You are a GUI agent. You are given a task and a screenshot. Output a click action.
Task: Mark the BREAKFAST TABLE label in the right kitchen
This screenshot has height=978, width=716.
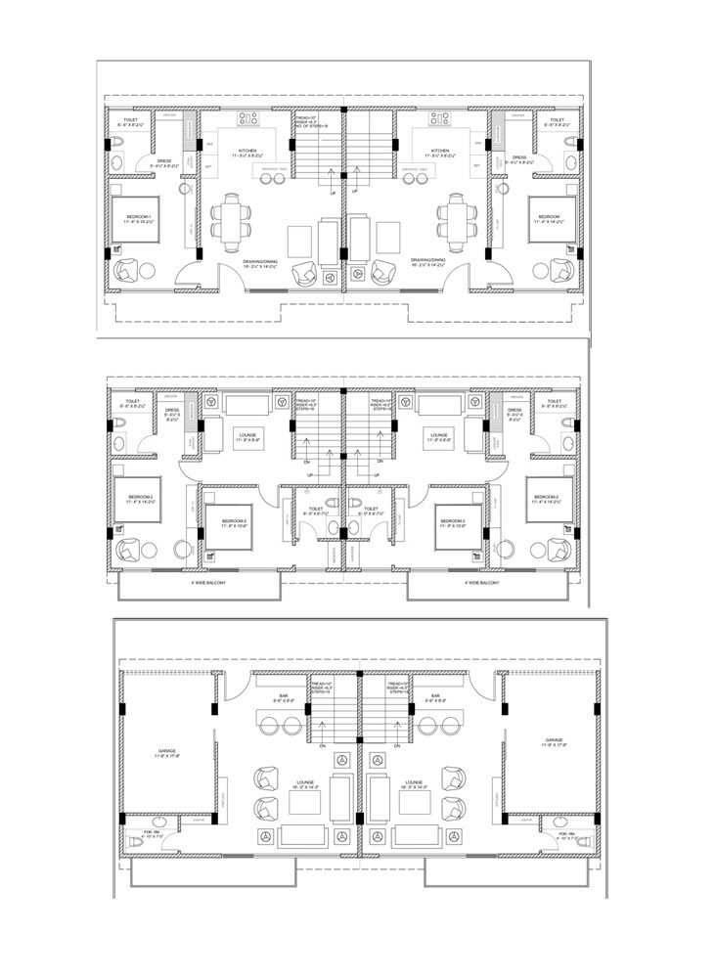[x=418, y=168]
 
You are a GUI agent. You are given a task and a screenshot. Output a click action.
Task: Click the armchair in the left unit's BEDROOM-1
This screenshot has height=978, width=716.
[x=127, y=271]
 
